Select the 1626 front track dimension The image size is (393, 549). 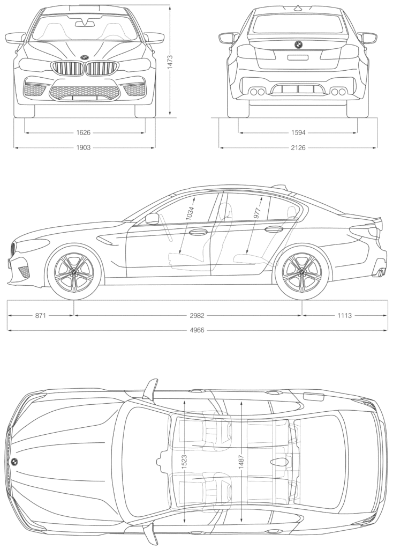tap(83, 132)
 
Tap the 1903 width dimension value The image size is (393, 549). tap(83, 147)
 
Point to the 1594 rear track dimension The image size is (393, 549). tap(298, 132)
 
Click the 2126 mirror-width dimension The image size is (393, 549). tap(298, 147)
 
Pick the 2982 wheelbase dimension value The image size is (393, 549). tap(197, 315)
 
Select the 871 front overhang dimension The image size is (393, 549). tap(41, 315)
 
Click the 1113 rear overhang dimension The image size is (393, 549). tap(344, 315)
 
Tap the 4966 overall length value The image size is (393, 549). tap(197, 330)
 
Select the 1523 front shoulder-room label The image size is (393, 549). tap(184, 462)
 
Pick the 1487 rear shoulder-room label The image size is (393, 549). tap(241, 462)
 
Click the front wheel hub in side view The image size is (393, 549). tap(74, 272)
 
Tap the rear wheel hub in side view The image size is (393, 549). tap(301, 272)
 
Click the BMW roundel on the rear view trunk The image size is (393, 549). tap(298, 44)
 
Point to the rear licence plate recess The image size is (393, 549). tap(298, 58)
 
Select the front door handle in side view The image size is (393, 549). tap(198, 232)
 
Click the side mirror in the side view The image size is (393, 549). tap(152, 219)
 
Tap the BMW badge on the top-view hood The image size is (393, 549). tap(14, 462)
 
